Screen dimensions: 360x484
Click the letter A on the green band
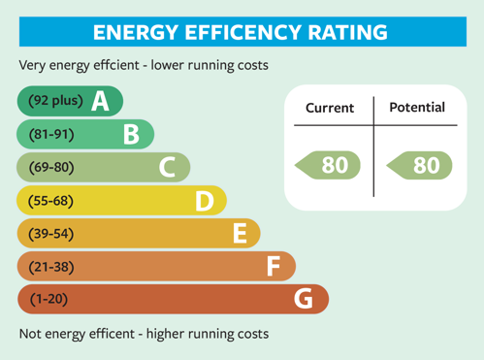click(100, 101)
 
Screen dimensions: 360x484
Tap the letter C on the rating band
click(168, 168)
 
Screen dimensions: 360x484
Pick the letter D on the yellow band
click(205, 201)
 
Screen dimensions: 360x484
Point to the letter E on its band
click(241, 234)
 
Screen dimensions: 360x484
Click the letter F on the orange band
click(274, 266)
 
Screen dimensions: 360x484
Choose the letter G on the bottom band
click(305, 299)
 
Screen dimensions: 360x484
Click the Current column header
click(330, 108)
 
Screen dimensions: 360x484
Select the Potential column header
click(417, 108)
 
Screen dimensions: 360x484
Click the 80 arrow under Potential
click(419, 166)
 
